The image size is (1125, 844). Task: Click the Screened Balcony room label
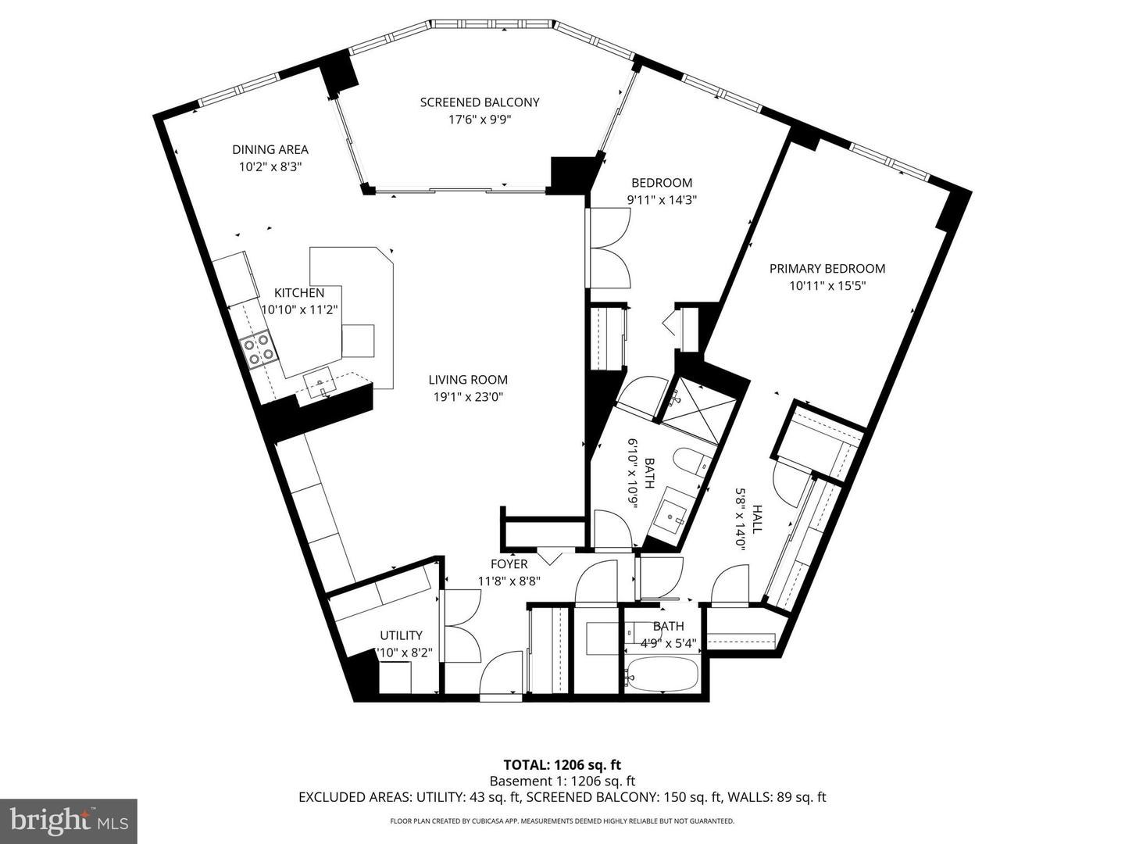pos(480,102)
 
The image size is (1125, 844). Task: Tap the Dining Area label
pos(270,149)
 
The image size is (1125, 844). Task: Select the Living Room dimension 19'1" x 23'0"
pos(468,397)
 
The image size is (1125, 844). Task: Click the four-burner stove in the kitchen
pos(258,348)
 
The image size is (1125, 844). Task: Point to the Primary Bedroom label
pos(827,269)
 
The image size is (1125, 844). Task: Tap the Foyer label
pos(509,564)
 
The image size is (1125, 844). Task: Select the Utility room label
pos(401,635)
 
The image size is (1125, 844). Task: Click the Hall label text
pos(756,518)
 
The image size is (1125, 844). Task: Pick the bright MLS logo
pos(69,821)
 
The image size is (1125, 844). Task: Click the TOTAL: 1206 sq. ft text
pos(562,765)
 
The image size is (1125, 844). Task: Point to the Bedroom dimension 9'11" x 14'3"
pos(662,199)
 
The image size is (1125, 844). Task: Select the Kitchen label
pos(298,293)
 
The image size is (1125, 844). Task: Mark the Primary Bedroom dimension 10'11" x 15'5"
pos(827,286)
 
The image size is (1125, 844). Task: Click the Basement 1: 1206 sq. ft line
pos(562,781)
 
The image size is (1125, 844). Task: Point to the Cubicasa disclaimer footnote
pos(562,821)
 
